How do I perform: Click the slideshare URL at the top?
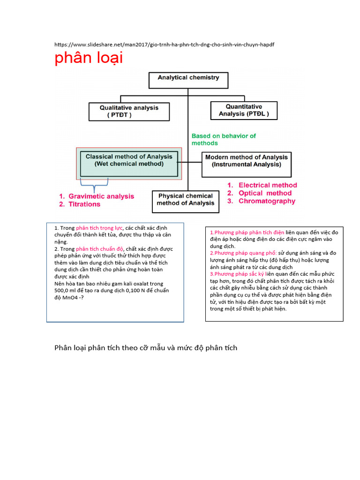(x=164, y=45)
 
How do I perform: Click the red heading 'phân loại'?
(x=89, y=59)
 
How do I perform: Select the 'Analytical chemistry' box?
(x=188, y=80)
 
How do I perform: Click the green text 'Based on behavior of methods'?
(x=224, y=139)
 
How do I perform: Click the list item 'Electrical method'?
(x=267, y=185)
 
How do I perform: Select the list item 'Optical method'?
(x=265, y=193)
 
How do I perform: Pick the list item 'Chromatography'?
(x=267, y=201)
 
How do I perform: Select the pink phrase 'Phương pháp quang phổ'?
(x=243, y=253)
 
